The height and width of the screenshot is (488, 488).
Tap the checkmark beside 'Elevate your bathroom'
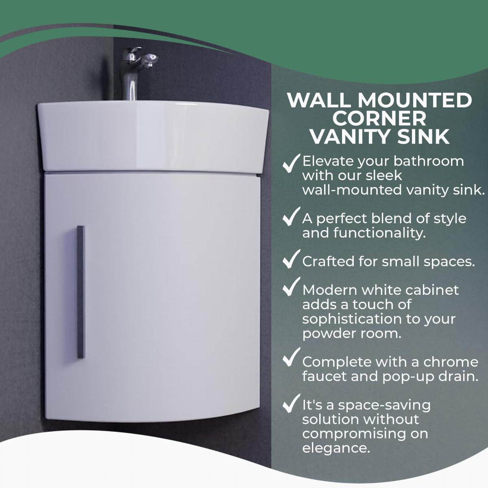click(x=291, y=163)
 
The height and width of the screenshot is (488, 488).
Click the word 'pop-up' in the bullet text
click(x=391, y=377)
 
